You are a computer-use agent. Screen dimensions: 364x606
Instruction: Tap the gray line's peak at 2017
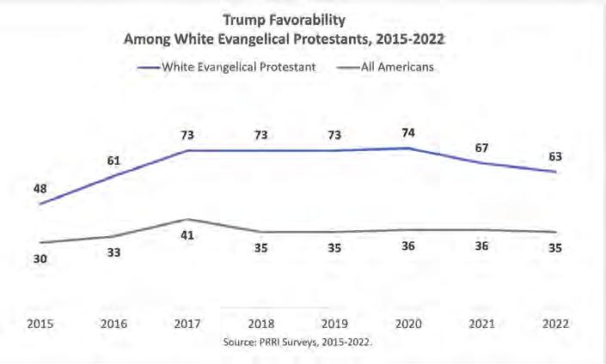[x=188, y=219]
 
